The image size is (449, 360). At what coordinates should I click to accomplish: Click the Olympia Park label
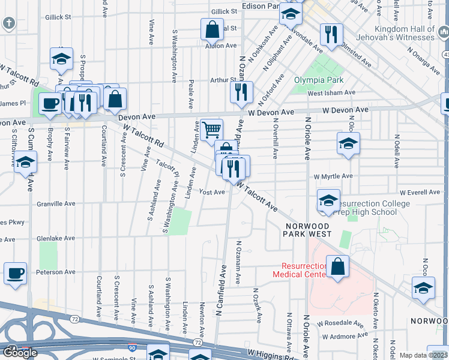point(319,80)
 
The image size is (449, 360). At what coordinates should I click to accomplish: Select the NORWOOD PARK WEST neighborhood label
point(308,229)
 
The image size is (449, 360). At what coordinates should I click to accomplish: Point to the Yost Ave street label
point(212,193)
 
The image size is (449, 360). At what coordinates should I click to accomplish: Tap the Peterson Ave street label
point(56,272)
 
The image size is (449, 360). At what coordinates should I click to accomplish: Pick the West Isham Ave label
point(331,93)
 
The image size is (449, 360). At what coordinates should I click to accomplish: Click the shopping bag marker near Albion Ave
point(212,29)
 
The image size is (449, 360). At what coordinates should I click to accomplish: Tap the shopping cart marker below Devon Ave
point(211,129)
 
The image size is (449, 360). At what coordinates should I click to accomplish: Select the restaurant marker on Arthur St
point(241,92)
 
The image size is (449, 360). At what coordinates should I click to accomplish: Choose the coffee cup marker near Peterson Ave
point(16,272)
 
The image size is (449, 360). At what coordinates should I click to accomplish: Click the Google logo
point(20,353)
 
